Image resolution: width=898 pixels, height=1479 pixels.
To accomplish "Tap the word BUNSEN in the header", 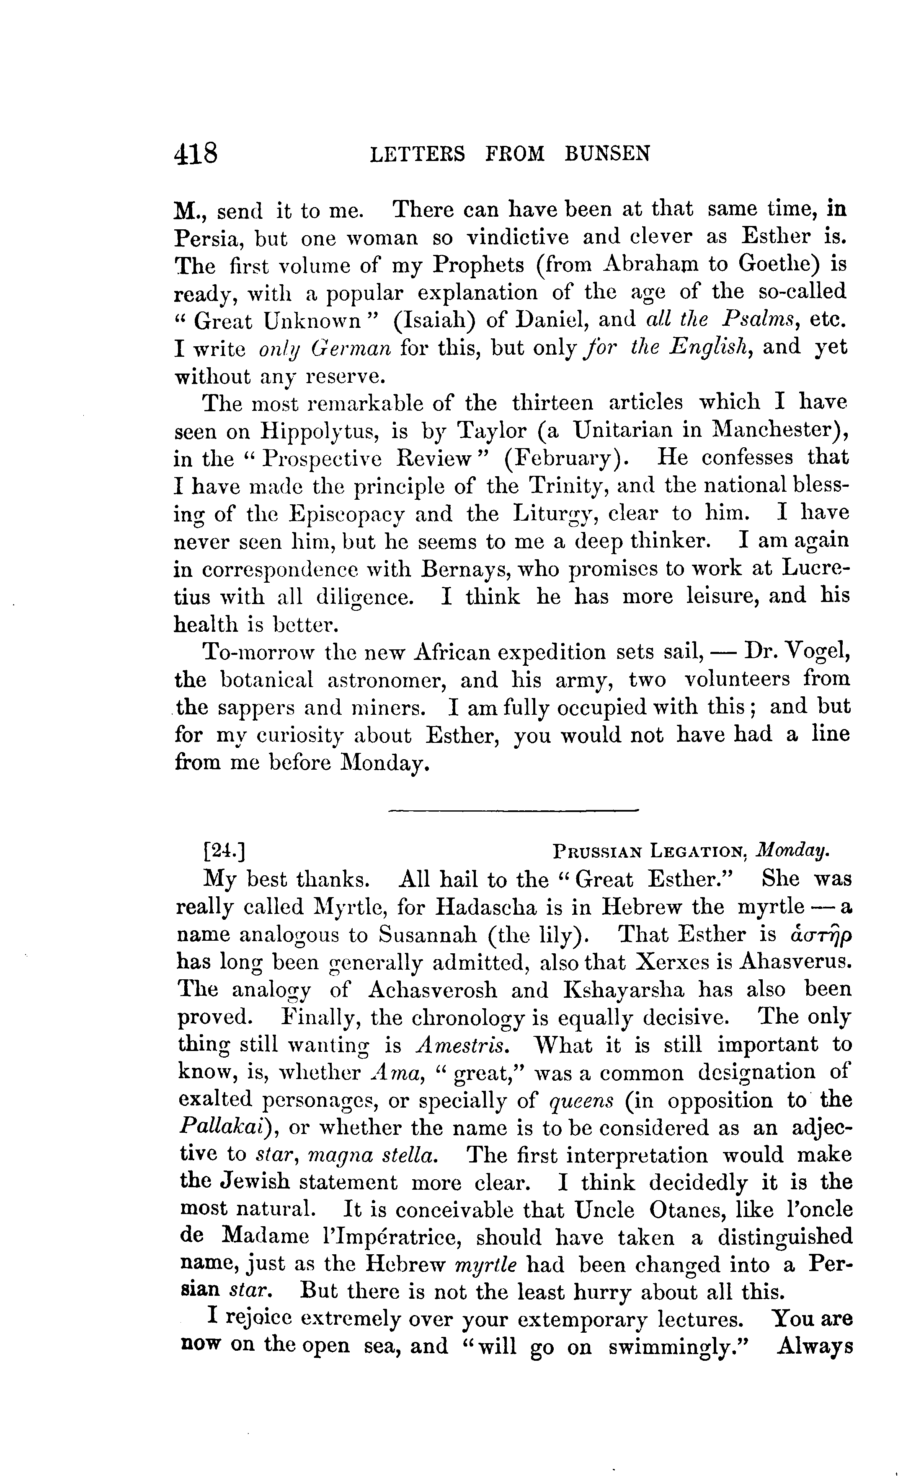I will click(x=607, y=154).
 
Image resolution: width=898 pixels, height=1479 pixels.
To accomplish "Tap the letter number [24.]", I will click(x=224, y=851).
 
